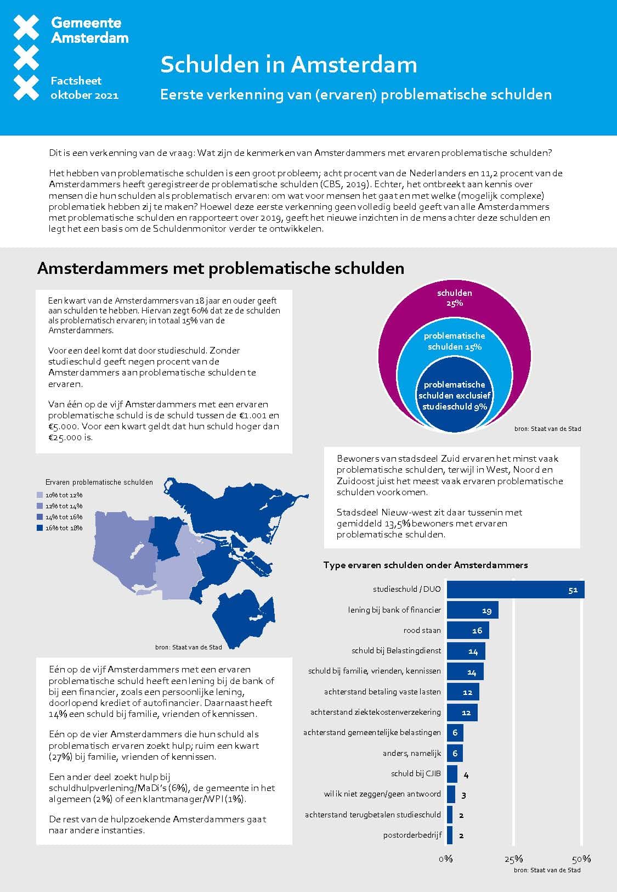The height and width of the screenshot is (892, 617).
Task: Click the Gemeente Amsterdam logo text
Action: (89, 30)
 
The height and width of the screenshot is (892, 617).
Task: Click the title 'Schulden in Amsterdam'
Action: (288, 65)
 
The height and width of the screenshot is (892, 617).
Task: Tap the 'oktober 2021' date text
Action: (84, 95)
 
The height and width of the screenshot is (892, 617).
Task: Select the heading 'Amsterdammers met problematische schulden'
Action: (220, 268)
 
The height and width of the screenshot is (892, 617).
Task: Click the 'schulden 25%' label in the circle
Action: (455, 298)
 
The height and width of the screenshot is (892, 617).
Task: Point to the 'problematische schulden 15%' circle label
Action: (455, 341)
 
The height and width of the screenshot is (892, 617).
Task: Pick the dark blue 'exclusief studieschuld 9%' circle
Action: (455, 396)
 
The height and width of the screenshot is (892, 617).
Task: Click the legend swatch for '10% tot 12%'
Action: (39, 495)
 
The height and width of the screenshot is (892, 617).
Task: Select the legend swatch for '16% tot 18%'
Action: (39, 528)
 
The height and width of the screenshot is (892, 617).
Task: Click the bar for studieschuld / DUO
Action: (515, 590)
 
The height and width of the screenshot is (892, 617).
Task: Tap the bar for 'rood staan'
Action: (467, 630)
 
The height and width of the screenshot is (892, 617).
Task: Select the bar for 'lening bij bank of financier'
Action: (472, 610)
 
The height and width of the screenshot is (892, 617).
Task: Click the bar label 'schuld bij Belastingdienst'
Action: (396, 651)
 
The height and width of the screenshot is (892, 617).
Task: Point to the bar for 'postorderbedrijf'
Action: (450, 835)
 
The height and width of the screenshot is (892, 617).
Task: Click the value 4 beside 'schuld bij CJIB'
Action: (466, 775)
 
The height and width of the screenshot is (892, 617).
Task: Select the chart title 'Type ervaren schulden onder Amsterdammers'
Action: (426, 565)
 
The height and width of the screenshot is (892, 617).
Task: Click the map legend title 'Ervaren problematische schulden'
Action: (99, 482)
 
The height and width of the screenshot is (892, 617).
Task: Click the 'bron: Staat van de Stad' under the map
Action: (189, 647)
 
